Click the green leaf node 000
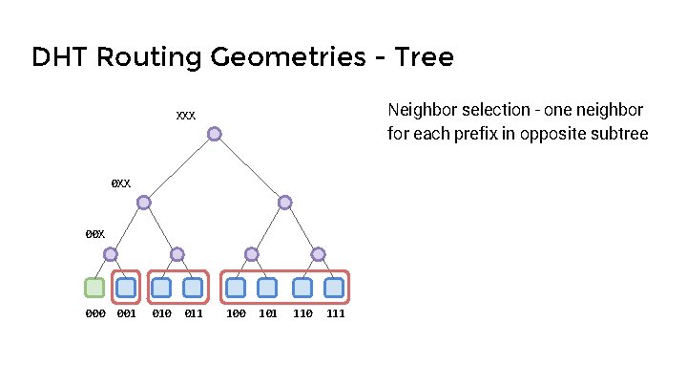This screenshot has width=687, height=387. click(94, 287)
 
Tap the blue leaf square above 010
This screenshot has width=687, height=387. click(161, 287)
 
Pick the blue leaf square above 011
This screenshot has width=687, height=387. click(193, 287)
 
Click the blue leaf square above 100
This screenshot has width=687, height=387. click(236, 287)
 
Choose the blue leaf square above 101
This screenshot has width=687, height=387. click(267, 287)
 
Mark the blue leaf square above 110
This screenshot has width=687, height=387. click(302, 287)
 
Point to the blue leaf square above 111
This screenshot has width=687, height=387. click(334, 287)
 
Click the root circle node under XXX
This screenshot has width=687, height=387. click(215, 134)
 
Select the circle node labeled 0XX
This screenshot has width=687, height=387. click(143, 203)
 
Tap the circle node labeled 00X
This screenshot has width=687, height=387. click(111, 254)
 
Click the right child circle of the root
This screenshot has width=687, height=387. click(284, 203)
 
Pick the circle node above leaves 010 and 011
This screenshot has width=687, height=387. click(177, 254)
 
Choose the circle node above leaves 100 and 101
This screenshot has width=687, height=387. click(251, 254)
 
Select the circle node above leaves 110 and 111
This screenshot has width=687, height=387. click(318, 254)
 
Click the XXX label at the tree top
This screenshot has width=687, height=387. click(186, 116)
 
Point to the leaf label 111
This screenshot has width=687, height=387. click(335, 313)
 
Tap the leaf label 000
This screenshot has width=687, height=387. click(94, 313)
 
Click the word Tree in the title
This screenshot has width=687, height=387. click(417, 58)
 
